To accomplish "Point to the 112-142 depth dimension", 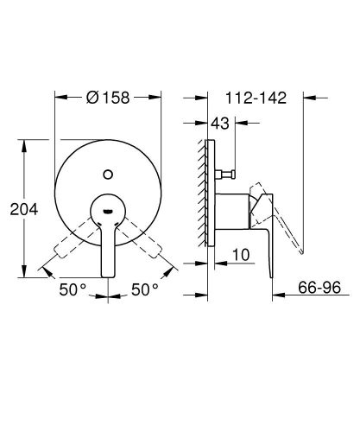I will (254, 98).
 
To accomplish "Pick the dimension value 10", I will (242, 257).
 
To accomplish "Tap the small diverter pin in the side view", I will (227, 175).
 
